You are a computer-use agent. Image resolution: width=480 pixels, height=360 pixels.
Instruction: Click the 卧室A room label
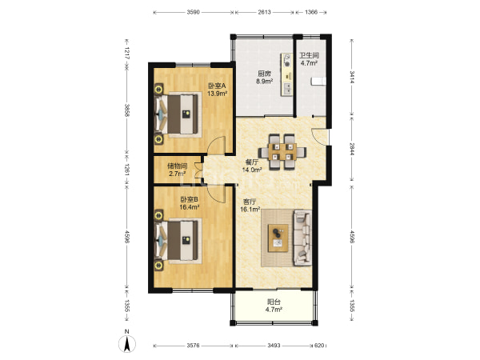click(217, 86)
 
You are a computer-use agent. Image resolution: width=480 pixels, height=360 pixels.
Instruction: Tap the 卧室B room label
click(189, 199)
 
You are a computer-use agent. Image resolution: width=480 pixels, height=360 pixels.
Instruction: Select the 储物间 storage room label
click(178, 166)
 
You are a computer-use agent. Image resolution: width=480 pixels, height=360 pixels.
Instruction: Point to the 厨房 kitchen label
click(264, 74)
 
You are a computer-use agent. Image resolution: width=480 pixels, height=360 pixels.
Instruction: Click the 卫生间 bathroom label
click(309, 55)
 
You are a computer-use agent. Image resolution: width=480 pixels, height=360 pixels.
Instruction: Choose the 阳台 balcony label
click(274, 302)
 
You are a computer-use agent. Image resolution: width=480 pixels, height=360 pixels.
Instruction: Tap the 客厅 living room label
click(250, 202)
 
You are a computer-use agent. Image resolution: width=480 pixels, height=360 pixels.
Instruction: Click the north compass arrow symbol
click(127, 343)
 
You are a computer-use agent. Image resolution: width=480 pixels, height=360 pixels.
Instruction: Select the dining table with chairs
click(282, 151)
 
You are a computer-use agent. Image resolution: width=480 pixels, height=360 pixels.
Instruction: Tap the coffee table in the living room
click(278, 238)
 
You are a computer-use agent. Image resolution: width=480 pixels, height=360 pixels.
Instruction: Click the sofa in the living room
click(302, 238)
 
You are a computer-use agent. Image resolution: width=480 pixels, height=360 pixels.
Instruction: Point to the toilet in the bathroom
click(318, 81)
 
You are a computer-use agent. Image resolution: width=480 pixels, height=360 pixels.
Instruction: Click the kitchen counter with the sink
click(287, 74)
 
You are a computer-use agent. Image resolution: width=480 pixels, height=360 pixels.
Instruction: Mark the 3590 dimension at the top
click(193, 12)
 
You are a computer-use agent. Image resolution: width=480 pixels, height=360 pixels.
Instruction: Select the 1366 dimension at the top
click(311, 12)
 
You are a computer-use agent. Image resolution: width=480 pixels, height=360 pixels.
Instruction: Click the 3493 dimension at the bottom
click(274, 346)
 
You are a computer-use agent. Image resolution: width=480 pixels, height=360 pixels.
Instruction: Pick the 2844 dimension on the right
click(352, 149)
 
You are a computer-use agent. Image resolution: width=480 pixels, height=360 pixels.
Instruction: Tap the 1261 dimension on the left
click(126, 168)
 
